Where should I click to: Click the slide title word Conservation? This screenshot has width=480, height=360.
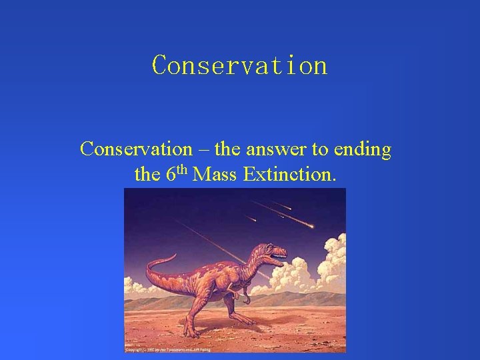point(240,65)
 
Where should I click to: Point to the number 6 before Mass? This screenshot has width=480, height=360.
point(170,175)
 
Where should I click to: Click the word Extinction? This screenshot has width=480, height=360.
point(290,175)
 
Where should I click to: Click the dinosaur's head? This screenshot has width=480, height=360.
point(273,251)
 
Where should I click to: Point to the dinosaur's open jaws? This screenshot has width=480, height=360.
point(280,256)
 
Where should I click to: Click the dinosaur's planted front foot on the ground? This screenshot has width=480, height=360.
point(193,331)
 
